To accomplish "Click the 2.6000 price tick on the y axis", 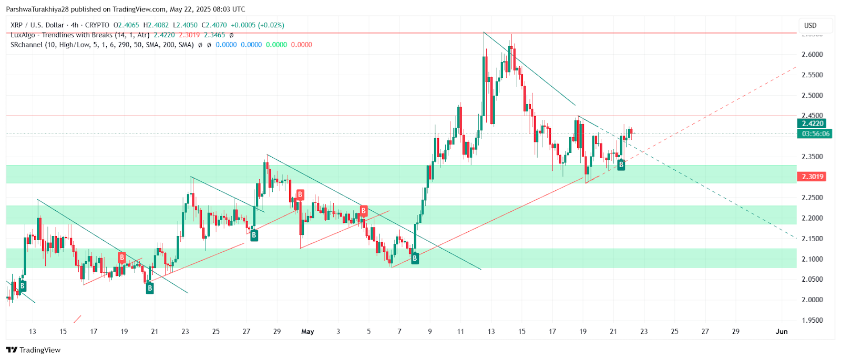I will (x=812, y=55).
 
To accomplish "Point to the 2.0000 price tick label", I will (x=812, y=300).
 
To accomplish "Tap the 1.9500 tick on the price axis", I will (x=812, y=320).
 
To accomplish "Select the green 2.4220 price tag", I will (x=812, y=124).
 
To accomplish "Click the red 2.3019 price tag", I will (x=812, y=177).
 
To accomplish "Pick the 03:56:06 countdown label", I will (x=815, y=134).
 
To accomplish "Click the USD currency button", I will (x=811, y=25).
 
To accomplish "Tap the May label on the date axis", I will (x=307, y=332).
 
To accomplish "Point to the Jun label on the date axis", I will (x=782, y=332).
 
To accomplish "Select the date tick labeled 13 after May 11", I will (x=491, y=332).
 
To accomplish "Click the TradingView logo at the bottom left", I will (x=33, y=350).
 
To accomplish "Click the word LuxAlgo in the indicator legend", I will (x=23, y=35).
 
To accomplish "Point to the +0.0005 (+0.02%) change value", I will (x=258, y=25).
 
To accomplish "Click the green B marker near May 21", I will (x=621, y=165).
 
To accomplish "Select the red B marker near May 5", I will (x=363, y=211).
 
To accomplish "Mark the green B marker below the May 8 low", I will (x=415, y=259).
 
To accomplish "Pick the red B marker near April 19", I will (x=122, y=258).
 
